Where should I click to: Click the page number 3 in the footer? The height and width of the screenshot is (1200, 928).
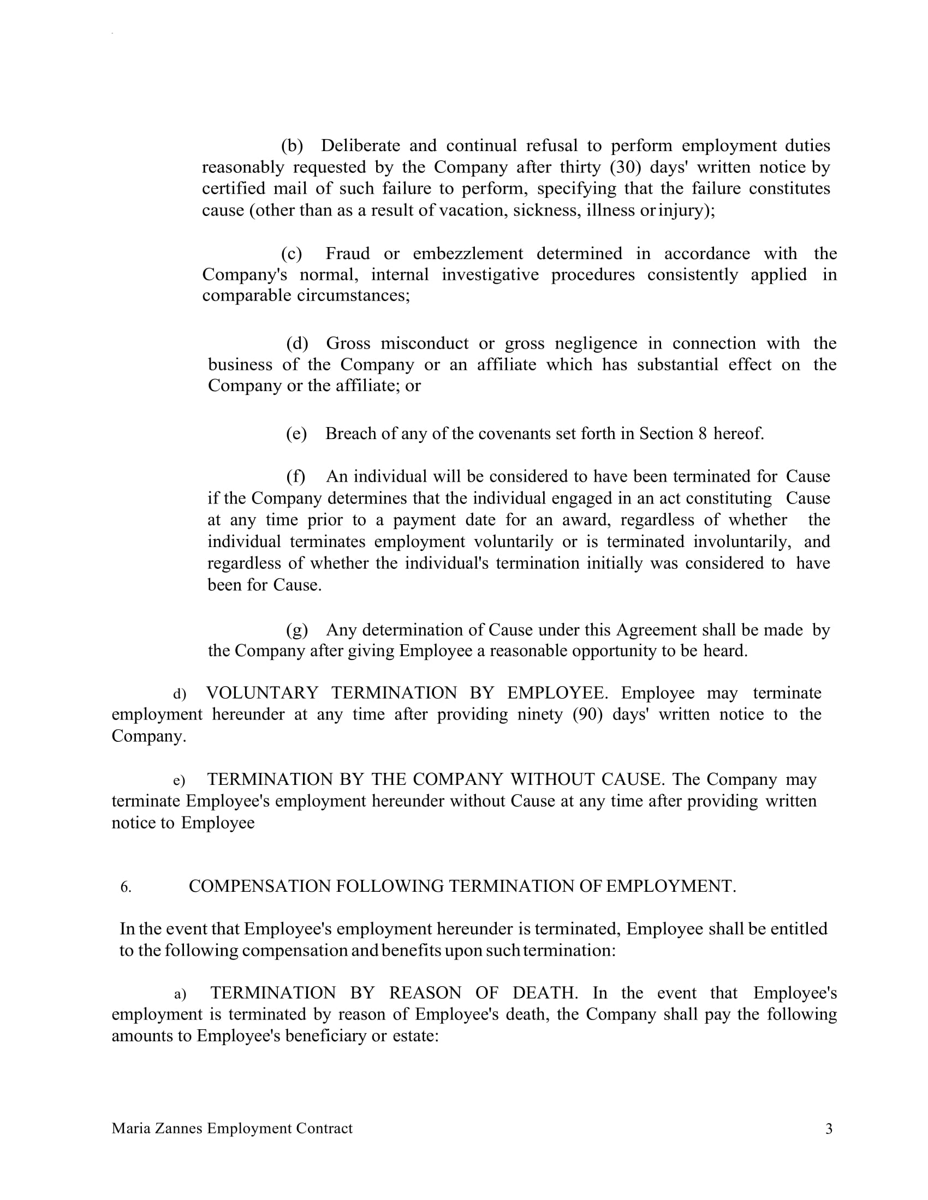tap(829, 1129)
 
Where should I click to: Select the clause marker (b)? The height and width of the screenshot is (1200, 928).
tap(292, 146)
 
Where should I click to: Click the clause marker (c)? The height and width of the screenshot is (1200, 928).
tap(292, 253)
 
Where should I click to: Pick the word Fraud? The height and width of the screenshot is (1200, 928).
tap(347, 253)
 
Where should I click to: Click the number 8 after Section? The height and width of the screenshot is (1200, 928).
tap(703, 434)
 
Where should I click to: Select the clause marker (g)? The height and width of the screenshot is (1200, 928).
tap(297, 629)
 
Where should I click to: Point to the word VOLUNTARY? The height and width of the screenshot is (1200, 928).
tap(262, 693)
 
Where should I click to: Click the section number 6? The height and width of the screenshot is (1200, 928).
tap(126, 887)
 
